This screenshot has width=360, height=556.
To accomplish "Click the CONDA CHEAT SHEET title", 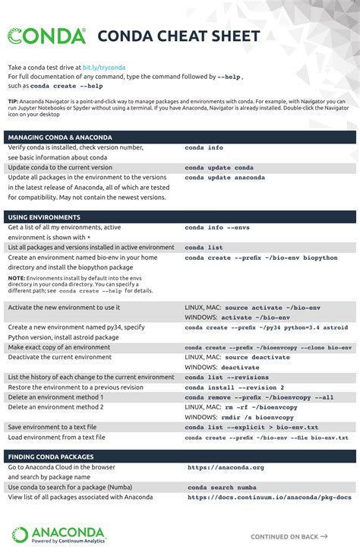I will coord(178,36).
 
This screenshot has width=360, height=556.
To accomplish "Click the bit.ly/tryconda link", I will coord(104,68).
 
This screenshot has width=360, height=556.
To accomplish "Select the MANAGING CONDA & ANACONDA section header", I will coord(60,137).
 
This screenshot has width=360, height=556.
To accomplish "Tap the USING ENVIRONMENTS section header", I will coord(44,217).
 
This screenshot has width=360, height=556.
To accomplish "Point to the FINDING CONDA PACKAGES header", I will coord(51,456).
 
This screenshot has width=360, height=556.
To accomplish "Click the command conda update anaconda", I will coord(225,177).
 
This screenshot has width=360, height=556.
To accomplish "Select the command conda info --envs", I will coord(217,227).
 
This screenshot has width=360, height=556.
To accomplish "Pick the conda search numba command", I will coord(222,488).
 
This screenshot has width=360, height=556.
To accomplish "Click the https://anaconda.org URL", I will coord(226,468).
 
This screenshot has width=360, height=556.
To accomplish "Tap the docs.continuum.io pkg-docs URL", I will coord(270,498).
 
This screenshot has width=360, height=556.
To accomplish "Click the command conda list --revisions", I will coord(226,378).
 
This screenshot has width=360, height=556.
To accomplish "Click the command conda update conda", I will coord(219,167).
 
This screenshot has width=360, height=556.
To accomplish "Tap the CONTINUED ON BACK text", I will coord(284,536).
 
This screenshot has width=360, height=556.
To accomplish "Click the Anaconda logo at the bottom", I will coord(59,535).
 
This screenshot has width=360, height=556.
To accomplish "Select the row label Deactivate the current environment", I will coord(60,357).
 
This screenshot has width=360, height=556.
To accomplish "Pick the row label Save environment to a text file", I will coord(57,427).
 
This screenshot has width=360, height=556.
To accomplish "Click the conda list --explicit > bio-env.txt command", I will coord(251,428).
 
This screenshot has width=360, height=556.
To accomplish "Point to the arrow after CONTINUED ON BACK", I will coord(324,535).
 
